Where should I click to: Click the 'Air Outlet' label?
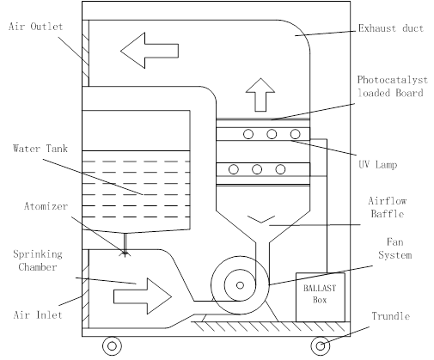(36, 27)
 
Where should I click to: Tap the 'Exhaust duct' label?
(391, 28)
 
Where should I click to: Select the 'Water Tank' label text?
(40, 149)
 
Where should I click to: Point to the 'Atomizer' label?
(46, 206)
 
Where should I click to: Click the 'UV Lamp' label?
(378, 165)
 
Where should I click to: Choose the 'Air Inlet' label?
(38, 315)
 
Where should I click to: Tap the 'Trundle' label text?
(391, 316)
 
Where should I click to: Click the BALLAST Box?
(321, 297)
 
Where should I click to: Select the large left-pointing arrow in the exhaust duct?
(150, 51)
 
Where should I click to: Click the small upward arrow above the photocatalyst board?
(260, 95)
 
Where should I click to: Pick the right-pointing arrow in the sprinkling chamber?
(143, 296)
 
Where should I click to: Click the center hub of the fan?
(240, 285)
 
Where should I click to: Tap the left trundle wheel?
(112, 346)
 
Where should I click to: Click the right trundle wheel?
(321, 346)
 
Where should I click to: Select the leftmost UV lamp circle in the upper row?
(248, 134)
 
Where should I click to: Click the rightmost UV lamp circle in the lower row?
(280, 169)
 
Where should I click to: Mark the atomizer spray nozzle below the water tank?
(125, 253)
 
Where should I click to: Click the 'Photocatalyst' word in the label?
(393, 80)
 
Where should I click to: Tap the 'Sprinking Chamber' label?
(38, 260)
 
